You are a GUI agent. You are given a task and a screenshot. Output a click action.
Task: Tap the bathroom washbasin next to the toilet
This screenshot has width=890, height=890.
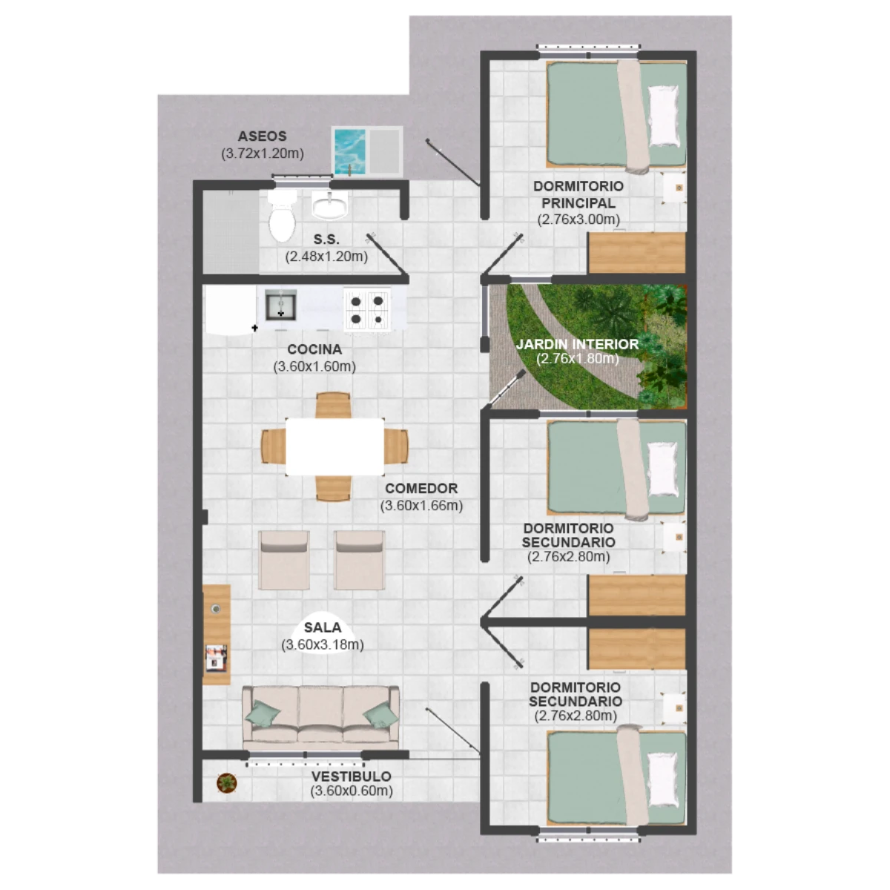tap(329, 205)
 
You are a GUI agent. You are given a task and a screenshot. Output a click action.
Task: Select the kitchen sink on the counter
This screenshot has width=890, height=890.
tap(280, 305)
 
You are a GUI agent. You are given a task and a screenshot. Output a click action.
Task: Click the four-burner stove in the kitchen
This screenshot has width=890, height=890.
tap(366, 309)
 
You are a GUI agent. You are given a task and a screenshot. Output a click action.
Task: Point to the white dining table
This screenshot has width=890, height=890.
tap(334, 446)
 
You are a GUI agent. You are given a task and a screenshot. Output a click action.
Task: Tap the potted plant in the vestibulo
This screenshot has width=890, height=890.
tap(227, 783)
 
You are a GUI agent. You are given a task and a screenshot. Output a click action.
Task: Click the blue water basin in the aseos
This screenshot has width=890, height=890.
tap(349, 152)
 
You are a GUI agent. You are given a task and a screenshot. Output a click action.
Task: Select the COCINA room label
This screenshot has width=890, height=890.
tap(314, 349)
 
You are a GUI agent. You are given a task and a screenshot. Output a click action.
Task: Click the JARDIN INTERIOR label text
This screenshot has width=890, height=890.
tap(577, 344)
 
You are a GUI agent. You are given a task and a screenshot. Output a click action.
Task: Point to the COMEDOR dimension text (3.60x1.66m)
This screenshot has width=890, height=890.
tap(421, 505)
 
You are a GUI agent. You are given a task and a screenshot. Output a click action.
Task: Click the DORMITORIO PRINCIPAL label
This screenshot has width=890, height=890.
tap(578, 194)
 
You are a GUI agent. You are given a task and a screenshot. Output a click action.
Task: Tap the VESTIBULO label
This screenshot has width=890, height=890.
tap(351, 777)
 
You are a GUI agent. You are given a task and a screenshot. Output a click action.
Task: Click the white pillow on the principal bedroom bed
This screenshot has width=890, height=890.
tap(664, 116)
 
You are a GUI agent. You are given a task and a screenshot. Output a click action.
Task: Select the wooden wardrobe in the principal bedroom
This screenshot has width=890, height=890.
tap(636, 253)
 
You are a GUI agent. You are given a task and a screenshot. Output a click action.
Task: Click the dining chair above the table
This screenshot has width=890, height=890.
tap(333, 405)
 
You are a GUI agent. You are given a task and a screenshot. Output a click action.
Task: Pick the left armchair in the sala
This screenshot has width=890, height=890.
tap(283, 560)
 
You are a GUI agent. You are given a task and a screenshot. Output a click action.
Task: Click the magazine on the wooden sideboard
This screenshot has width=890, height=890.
tap(216, 658)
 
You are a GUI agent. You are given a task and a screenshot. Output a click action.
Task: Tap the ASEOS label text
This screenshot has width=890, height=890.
tap(262, 136)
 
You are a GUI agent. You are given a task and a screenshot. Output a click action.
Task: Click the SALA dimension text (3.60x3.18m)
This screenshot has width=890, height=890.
tap(323, 645)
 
